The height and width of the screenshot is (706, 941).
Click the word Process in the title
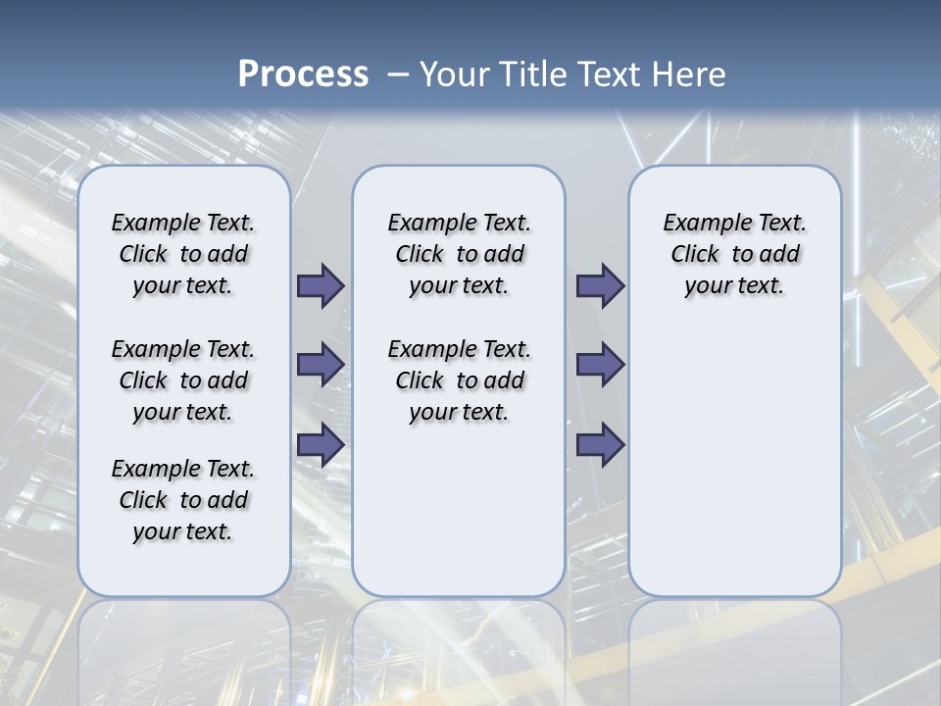click(303, 74)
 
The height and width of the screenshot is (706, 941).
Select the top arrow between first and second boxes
click(321, 286)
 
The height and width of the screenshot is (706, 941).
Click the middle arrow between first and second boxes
click(321, 365)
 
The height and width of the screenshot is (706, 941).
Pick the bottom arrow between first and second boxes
click(321, 444)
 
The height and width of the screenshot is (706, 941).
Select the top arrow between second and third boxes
click(600, 286)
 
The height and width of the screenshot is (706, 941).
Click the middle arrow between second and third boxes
click(600, 365)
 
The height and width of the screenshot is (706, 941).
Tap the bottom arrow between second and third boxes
click(600, 444)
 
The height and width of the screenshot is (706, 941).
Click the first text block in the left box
click(183, 254)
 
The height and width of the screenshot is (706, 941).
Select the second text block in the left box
click(183, 380)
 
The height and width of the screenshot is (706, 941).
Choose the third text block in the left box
click(183, 500)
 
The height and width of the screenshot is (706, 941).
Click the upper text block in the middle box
click(459, 254)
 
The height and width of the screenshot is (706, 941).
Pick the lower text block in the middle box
click(459, 380)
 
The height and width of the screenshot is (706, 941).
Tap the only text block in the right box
click(735, 254)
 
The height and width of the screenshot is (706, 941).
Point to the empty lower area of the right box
click(735, 461)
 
